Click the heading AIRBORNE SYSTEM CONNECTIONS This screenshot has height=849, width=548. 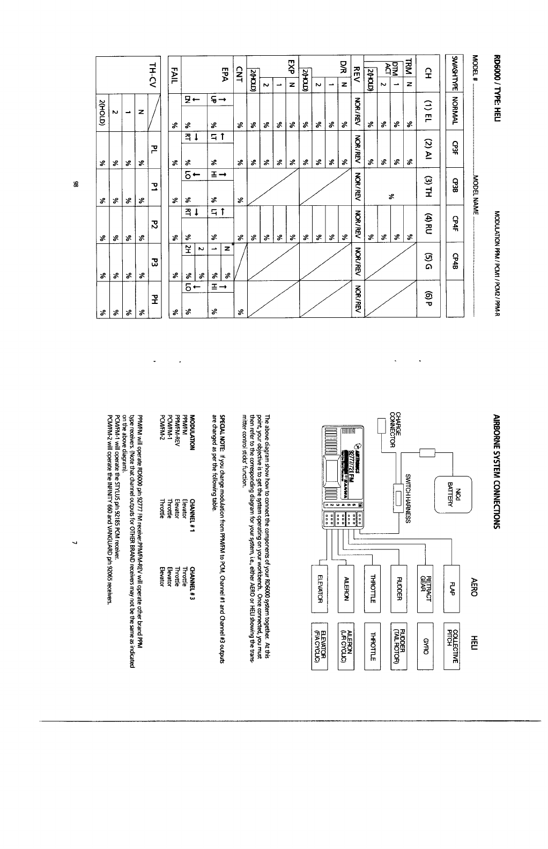(x=495, y=471)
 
